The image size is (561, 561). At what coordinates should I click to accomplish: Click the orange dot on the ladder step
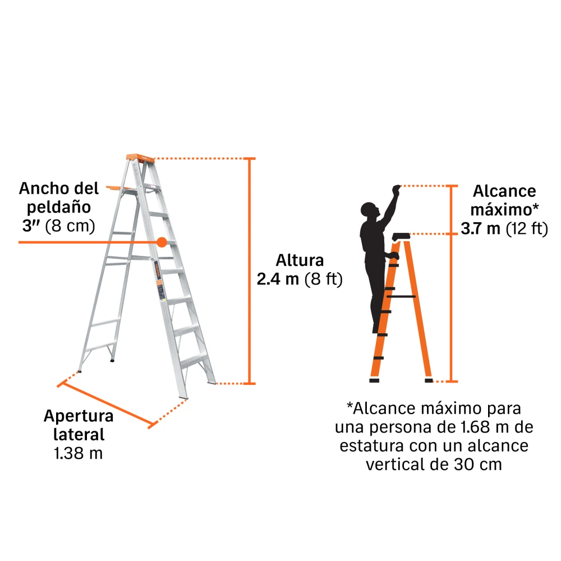162,242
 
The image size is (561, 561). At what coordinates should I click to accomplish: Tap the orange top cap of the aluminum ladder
140,158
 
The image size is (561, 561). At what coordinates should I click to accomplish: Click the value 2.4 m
278,279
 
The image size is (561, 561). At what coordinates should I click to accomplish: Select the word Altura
300,260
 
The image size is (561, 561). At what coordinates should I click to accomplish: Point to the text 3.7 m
481,229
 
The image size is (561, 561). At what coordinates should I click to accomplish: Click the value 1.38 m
79,453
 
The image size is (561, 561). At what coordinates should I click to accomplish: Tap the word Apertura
79,416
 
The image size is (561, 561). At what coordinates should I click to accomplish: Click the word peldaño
59,208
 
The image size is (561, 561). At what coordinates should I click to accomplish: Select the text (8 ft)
324,279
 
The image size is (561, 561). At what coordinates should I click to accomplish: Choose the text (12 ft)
527,229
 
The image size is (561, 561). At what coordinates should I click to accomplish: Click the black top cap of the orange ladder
401,237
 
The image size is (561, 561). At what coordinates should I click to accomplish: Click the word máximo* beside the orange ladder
504,210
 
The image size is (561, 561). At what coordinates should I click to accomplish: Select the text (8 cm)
70,226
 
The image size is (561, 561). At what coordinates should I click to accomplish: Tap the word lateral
79,435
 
